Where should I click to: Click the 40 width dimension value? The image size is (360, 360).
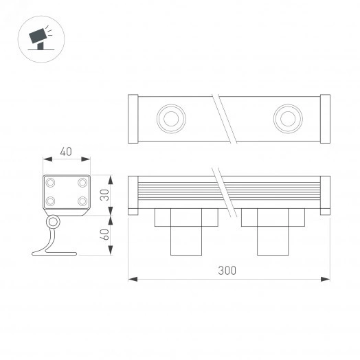pyautogui.click(x=66, y=151)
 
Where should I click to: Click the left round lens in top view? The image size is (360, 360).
pyautogui.click(x=168, y=118)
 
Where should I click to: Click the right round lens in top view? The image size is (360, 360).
pyautogui.click(x=286, y=118)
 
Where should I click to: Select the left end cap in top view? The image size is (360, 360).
pyautogui.click(x=133, y=119)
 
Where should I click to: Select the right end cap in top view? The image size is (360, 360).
pyautogui.click(x=325, y=119)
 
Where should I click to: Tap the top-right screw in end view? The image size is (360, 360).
pyautogui.click(x=82, y=183)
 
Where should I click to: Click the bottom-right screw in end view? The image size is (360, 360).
pyautogui.click(x=82, y=201)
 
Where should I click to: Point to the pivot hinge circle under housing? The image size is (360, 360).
pyautogui.click(x=52, y=223)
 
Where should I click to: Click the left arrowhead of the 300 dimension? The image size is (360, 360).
pyautogui.click(x=132, y=279)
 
